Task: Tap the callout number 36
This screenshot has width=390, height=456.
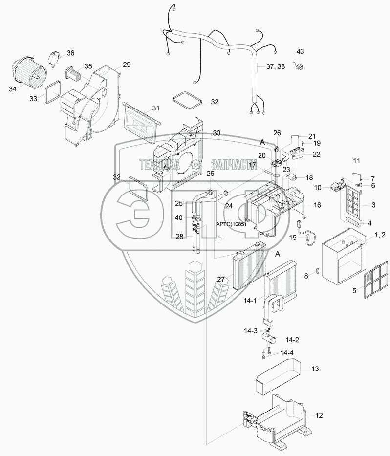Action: click(70, 53)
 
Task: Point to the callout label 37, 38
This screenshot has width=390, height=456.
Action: click(275, 67)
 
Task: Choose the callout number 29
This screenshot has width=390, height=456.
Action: click(127, 65)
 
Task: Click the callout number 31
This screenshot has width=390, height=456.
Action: click(156, 108)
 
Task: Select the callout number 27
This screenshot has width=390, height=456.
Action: click(221, 279)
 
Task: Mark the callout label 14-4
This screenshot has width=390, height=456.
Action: click(286, 353)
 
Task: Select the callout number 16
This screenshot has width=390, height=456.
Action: click(317, 205)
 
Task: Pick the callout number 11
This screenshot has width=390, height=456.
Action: click(356, 161)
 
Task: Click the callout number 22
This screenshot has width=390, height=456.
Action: click(316, 154)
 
